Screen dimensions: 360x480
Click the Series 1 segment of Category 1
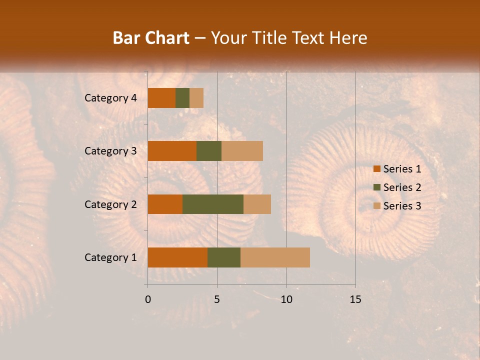[177, 257]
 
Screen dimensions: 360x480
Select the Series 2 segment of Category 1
[224, 257]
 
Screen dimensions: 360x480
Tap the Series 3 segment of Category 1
[275, 257]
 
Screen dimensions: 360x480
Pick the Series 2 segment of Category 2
[213, 204]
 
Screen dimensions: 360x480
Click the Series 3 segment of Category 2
[257, 204]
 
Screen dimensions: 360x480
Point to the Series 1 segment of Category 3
[172, 151]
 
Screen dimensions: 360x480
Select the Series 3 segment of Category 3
[242, 151]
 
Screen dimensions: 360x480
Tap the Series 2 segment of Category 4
[182, 98]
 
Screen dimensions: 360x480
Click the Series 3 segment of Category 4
[196, 98]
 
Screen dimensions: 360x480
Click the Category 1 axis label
[110, 257]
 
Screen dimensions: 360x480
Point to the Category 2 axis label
[110, 204]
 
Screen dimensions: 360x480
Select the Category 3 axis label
[110, 151]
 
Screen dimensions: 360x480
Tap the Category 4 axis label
[110, 98]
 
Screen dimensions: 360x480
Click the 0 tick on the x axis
[147, 299]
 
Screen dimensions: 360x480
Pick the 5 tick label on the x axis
[217, 299]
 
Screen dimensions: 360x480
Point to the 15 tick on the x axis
[355, 299]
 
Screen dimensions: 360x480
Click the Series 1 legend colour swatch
[376, 169]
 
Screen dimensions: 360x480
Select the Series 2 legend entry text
[402, 187]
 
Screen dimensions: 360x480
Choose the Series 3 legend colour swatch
[376, 206]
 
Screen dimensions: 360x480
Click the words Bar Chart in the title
[151, 38]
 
